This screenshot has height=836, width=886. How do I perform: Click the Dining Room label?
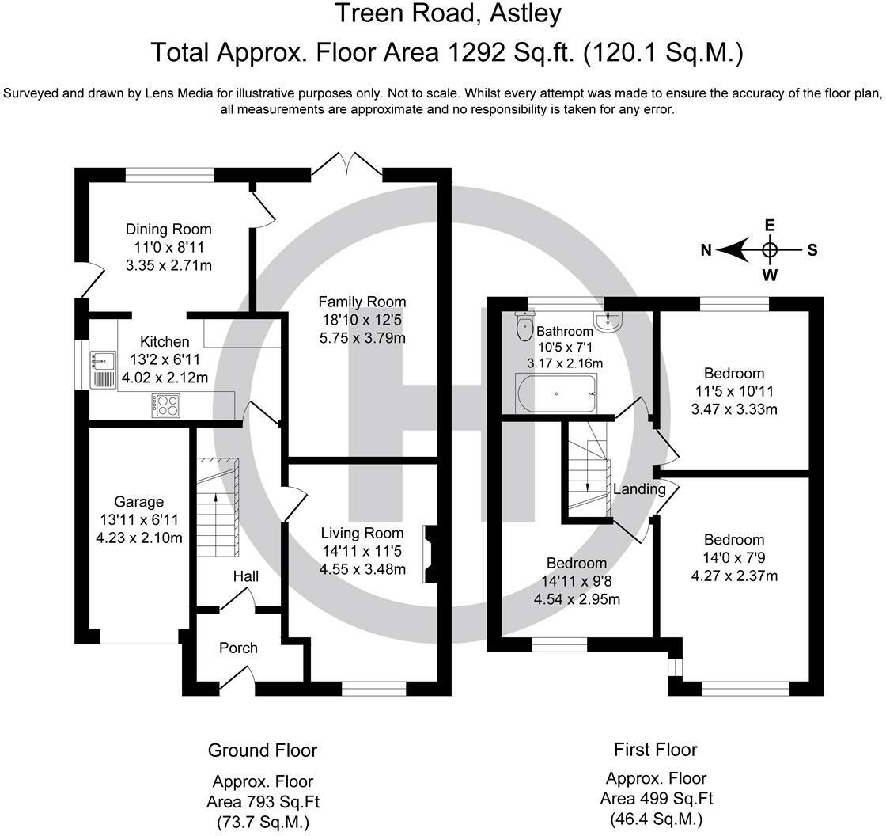coord(168,229)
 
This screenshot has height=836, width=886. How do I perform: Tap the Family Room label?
coord(362,302)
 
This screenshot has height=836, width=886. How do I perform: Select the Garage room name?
coord(139,502)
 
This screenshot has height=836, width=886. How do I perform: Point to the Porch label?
coord(238,648)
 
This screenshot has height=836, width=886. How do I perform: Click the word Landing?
coord(640,488)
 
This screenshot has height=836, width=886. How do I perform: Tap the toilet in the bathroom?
coord(525,325)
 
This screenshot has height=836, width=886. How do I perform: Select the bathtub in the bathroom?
coord(556,393)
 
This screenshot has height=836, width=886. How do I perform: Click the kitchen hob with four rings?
coord(165,405)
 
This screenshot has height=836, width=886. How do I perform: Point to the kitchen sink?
coord(103,370)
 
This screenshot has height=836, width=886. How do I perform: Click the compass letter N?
coord(706,250)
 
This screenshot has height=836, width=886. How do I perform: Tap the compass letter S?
coord(812,250)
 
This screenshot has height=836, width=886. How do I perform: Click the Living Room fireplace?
coord(430,554)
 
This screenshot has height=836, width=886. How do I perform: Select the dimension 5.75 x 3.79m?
coord(362,338)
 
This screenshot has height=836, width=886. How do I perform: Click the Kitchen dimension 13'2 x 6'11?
coord(165,359)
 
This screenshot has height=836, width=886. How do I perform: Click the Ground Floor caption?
coord(263,750)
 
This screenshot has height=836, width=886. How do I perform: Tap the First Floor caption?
coord(656,750)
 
